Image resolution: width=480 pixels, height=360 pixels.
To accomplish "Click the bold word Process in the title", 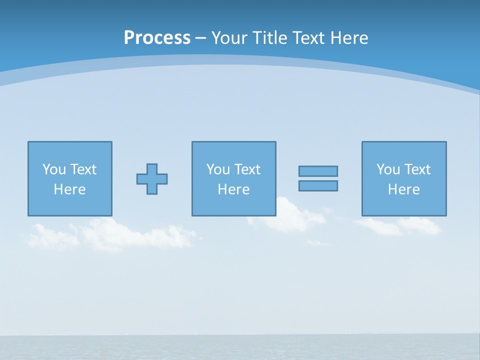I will [x=157, y=38].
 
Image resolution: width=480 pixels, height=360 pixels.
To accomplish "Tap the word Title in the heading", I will [x=270, y=38].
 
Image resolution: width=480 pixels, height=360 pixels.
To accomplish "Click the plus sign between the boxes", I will [x=152, y=178].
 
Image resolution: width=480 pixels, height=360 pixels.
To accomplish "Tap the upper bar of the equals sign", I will [x=318, y=171].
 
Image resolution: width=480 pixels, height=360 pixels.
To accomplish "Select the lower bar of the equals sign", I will [x=318, y=185].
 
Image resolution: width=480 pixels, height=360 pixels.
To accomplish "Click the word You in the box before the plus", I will [x=54, y=169].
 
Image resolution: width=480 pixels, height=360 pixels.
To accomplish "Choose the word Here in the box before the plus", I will [x=69, y=189].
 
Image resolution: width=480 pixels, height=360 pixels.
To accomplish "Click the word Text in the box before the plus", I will [x=83, y=169].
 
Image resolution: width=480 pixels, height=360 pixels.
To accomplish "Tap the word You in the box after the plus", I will [x=218, y=169].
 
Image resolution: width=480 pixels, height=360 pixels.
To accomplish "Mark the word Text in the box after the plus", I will [x=247, y=169].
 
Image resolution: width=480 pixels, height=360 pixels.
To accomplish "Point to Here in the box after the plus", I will [x=233, y=189].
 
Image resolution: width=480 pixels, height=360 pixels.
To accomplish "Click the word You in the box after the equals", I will [x=388, y=169].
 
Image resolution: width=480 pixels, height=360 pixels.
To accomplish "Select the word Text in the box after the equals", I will [x=417, y=169].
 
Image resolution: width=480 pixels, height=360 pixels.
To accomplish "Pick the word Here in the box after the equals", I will [x=403, y=189].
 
